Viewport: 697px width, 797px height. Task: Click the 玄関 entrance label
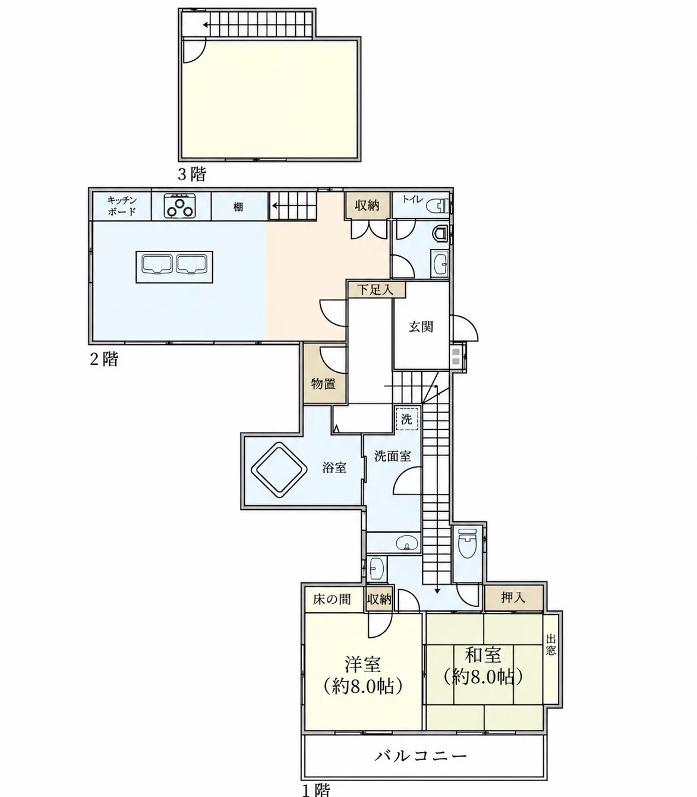click(421, 326)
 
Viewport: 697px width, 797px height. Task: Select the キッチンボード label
click(122, 206)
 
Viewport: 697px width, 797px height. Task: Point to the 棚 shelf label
click(238, 206)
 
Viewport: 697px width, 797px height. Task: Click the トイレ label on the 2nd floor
click(413, 199)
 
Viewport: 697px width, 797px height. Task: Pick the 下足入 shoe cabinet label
click(376, 289)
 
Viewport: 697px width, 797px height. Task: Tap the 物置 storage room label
click(324, 384)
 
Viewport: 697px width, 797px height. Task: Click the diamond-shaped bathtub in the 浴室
click(279, 470)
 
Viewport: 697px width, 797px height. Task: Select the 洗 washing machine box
click(407, 419)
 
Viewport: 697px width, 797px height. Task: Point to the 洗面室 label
click(393, 456)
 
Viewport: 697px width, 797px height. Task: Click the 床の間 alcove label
click(332, 599)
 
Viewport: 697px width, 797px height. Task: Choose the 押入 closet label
click(513, 597)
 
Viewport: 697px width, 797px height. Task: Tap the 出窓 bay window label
click(551, 645)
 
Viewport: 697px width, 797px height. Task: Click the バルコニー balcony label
click(421, 757)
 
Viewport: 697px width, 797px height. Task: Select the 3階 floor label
click(192, 174)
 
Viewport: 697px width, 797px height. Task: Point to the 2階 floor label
click(104, 359)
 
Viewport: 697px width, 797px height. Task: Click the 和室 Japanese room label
click(483, 655)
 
